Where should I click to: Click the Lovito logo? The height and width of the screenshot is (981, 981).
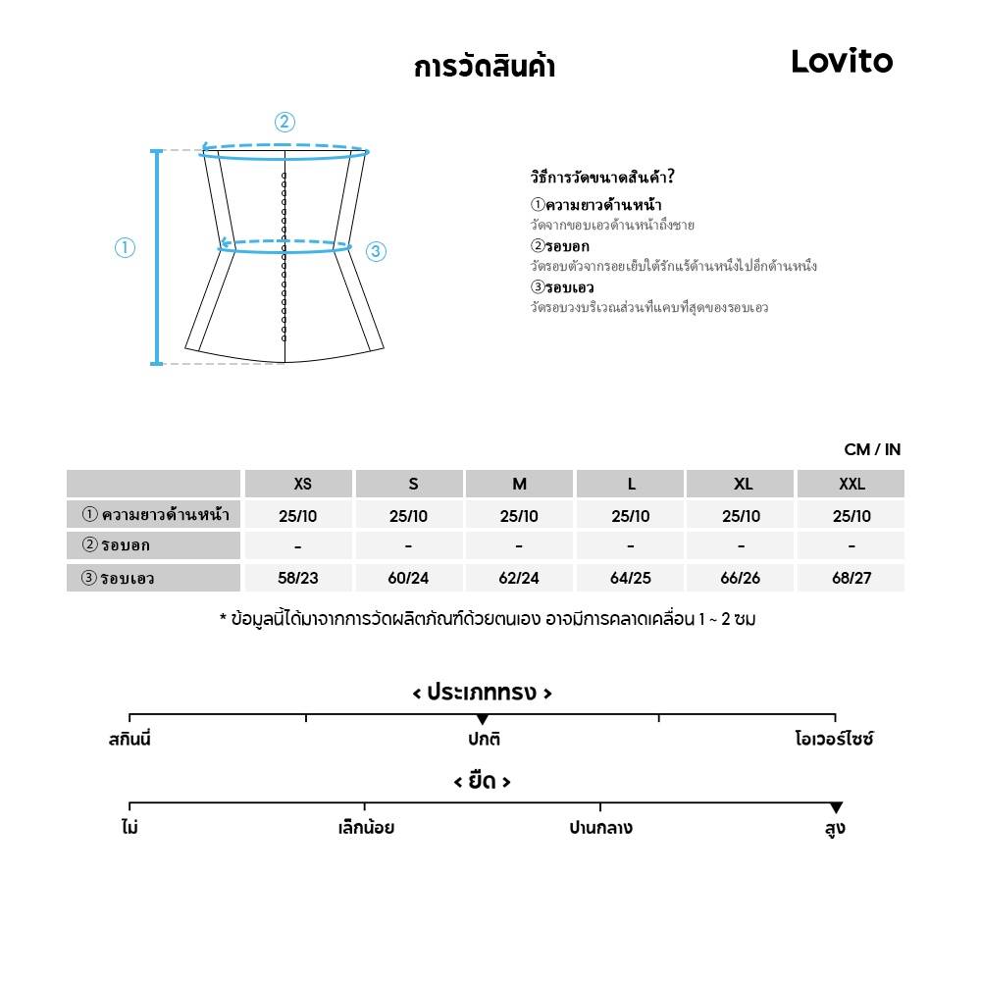click(842, 62)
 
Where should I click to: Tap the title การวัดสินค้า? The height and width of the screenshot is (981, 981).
click(485, 68)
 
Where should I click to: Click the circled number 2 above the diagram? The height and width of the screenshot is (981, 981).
click(284, 123)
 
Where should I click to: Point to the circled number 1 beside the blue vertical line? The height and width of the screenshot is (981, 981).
click(125, 248)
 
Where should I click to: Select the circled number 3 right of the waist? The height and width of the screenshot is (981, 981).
click(376, 252)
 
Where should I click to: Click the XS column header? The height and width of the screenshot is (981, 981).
click(302, 484)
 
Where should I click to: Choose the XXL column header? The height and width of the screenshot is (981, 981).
click(852, 484)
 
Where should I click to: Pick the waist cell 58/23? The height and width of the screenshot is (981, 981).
click(298, 578)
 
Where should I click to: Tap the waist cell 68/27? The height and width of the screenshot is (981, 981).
click(852, 578)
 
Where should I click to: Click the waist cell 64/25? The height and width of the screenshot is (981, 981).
click(630, 578)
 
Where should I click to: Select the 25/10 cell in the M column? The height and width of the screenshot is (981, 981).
click(519, 516)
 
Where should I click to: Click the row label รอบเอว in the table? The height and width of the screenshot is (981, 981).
click(154, 578)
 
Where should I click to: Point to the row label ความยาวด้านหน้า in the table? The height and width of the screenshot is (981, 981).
click(154, 515)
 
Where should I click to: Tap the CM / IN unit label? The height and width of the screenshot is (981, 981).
click(872, 450)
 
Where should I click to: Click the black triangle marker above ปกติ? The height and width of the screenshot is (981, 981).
click(482, 719)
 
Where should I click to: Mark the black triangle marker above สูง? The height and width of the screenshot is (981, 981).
click(836, 807)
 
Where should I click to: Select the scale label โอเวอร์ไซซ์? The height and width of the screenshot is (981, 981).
click(834, 739)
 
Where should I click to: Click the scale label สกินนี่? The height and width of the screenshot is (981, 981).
click(129, 739)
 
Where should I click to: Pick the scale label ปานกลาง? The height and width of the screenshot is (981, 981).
click(600, 828)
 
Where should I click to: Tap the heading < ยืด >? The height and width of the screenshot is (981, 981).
click(482, 782)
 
